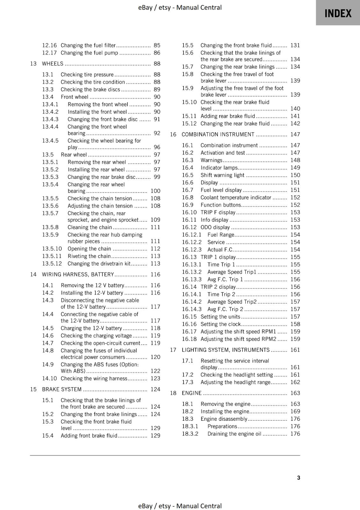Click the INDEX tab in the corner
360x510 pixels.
pos(338,13)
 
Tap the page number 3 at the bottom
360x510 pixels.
pos(298,477)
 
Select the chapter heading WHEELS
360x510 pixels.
pos(53,64)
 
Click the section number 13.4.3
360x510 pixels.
pos(50,119)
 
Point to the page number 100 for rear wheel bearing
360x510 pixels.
pos(155,191)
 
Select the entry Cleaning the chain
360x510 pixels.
pos(90,227)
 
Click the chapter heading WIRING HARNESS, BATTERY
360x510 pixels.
pos(78,274)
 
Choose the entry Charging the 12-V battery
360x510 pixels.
pos(91,328)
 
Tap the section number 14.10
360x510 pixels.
pos(49,378)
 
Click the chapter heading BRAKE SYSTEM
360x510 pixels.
pos(62,389)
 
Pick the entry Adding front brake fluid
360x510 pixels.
pos(89,435)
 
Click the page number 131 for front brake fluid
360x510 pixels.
pos(295,45)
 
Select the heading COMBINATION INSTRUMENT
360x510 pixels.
pos(218,135)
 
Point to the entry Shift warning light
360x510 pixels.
pos(222,175)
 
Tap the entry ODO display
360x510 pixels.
pos(215,227)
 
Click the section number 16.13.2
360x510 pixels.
pos(192,272)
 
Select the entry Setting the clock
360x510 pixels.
pos(220,324)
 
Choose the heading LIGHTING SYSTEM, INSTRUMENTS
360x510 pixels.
pos(226,350)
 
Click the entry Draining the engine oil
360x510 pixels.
pos(234,434)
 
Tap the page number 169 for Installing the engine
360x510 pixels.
pos(295,412)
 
